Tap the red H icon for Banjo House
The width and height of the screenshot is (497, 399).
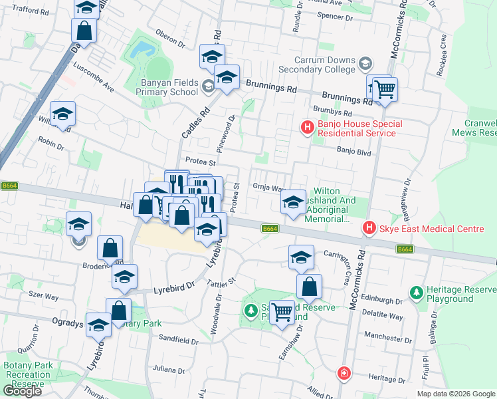click(x=307, y=126)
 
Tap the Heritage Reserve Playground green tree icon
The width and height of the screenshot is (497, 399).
click(x=417, y=292)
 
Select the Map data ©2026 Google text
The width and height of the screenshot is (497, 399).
click(x=455, y=394)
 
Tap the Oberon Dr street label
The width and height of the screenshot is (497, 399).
click(x=170, y=40)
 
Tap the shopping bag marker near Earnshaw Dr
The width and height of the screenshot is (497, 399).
click(x=309, y=287)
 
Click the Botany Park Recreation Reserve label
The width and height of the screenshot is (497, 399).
click(x=27, y=374)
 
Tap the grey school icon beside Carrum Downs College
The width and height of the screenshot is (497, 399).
click(x=364, y=64)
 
